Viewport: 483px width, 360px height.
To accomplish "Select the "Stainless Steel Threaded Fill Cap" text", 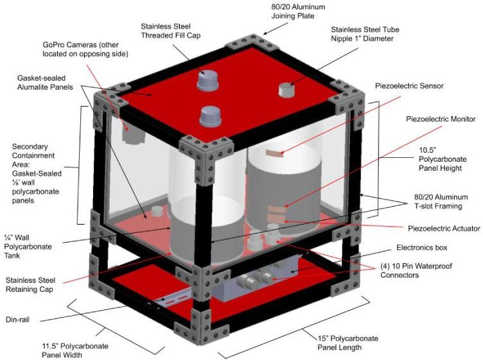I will coord(171,31).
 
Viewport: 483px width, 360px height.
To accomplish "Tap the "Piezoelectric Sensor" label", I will coord(410,86).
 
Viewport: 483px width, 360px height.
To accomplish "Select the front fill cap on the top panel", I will coord(210,117).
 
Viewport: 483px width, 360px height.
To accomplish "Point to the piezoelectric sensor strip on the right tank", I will coord(276,153).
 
